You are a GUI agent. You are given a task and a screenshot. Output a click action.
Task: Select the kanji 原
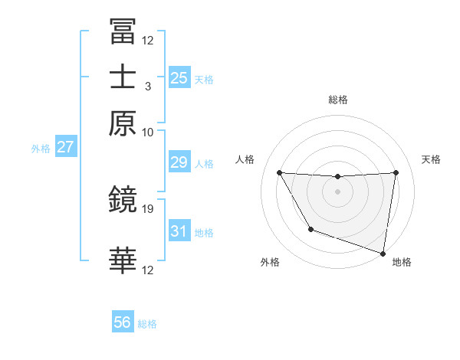click(122, 122)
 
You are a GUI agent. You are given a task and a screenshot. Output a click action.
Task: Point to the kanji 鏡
click(122, 201)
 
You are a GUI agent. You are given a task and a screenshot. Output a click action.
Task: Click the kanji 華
click(122, 260)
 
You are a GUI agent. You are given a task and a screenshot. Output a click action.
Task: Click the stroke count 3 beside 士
click(148, 87)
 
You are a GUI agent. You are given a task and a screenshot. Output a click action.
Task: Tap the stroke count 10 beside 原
click(148, 132)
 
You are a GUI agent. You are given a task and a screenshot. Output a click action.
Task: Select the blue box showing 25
click(179, 77)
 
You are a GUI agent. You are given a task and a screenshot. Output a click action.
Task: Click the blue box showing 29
click(179, 162)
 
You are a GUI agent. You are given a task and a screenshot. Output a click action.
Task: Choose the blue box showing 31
click(179, 231)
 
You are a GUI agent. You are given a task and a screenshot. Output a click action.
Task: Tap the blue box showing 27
click(65, 148)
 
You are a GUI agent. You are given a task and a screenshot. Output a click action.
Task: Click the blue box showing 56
click(122, 322)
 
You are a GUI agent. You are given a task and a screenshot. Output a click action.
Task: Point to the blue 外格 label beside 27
click(41, 149)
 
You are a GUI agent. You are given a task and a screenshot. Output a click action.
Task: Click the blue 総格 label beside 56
click(147, 324)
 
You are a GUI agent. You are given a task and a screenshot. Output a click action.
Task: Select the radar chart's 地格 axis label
click(402, 263)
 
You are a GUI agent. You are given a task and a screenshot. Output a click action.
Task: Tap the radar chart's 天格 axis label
click(431, 159)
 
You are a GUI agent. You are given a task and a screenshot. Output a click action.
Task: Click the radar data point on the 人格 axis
click(279, 172)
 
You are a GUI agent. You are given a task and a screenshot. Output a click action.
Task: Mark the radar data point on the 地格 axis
click(383, 252)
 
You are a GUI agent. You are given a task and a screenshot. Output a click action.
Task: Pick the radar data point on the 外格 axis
click(310, 229)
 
